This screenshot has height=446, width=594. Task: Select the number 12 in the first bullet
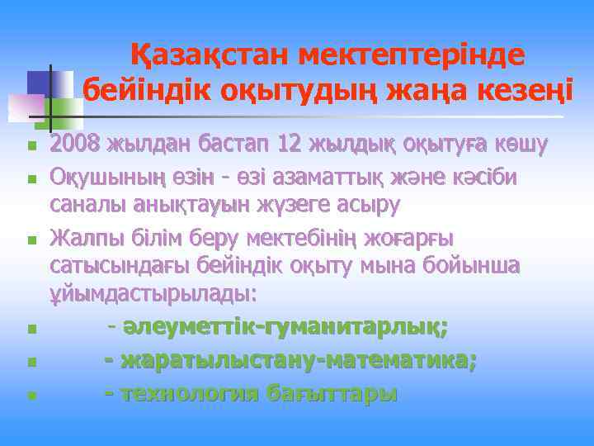point(290,145)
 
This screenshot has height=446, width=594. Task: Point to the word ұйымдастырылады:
point(153,293)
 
